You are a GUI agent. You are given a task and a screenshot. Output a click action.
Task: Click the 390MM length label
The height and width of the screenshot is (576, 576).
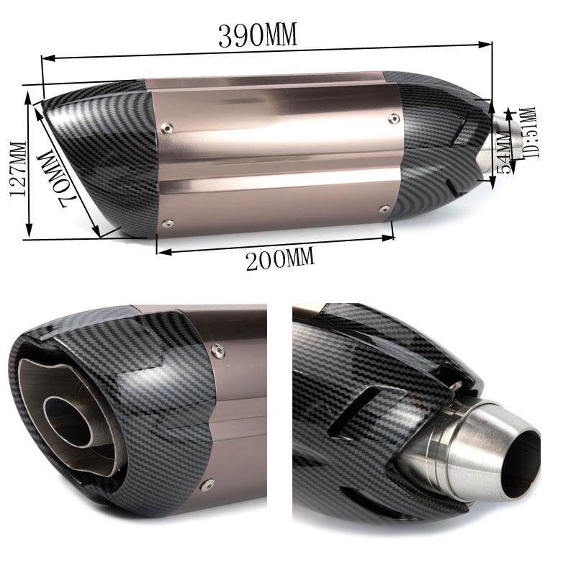258,35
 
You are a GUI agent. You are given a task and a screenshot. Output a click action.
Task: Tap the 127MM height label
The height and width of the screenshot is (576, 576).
17,169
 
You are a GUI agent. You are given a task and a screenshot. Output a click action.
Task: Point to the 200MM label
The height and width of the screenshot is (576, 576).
280,258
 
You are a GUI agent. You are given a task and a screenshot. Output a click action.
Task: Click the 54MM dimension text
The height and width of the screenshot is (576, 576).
503,153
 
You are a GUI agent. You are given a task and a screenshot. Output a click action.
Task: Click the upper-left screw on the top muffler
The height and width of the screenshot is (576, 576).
167,128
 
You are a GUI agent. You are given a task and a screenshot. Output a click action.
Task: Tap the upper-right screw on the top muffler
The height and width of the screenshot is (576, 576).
395,118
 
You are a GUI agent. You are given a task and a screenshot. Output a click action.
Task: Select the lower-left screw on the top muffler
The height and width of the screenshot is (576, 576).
168,223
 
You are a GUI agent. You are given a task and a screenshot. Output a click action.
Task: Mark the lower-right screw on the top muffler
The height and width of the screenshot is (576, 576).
384,209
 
